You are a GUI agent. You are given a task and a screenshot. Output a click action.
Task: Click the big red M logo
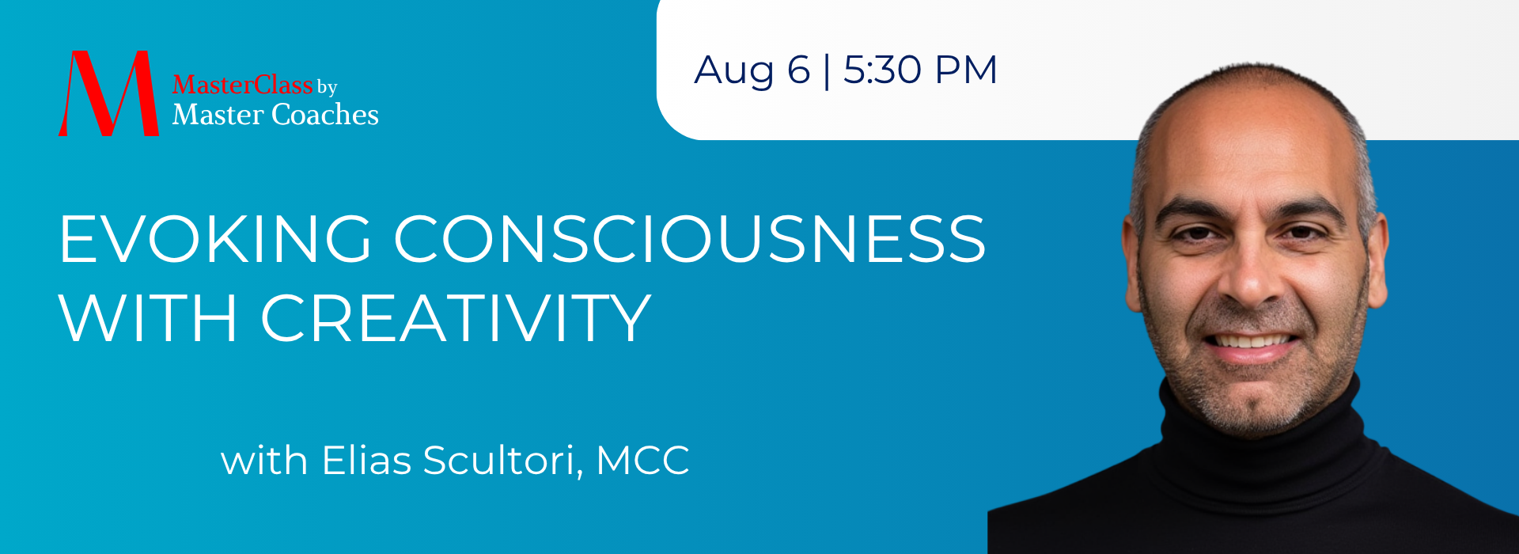[108, 93]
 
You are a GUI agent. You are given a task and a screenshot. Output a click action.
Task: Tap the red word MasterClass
[242, 85]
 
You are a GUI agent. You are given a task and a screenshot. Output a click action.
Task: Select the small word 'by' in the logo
[328, 87]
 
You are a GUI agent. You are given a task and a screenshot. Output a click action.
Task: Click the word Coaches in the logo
[325, 115]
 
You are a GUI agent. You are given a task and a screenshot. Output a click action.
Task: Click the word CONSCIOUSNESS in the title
[690, 238]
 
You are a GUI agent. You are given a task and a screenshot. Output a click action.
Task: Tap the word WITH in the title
[149, 317]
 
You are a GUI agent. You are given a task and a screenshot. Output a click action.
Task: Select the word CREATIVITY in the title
[456, 317]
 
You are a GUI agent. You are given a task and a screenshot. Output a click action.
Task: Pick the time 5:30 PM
[920, 70]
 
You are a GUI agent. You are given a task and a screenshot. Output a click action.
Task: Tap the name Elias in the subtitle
[366, 460]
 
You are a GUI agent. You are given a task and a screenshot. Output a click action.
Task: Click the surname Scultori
[502, 461]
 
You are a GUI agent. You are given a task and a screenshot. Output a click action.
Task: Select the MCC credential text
[642, 461]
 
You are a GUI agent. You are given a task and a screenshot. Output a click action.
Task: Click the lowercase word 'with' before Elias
[264, 460]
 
